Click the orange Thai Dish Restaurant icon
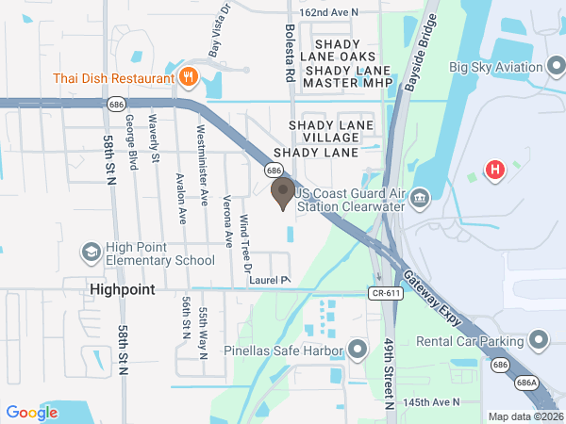click(x=188, y=76)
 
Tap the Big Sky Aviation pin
click(x=558, y=67)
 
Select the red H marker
click(x=493, y=171)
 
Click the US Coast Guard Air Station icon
click(x=420, y=199)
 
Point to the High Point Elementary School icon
click(x=91, y=252)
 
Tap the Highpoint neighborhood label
click(x=123, y=289)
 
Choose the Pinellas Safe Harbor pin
click(x=357, y=351)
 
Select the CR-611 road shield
click(x=387, y=293)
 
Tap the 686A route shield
click(x=526, y=383)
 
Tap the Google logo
click(x=32, y=412)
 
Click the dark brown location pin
click(x=282, y=192)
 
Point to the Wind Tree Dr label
click(x=245, y=241)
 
